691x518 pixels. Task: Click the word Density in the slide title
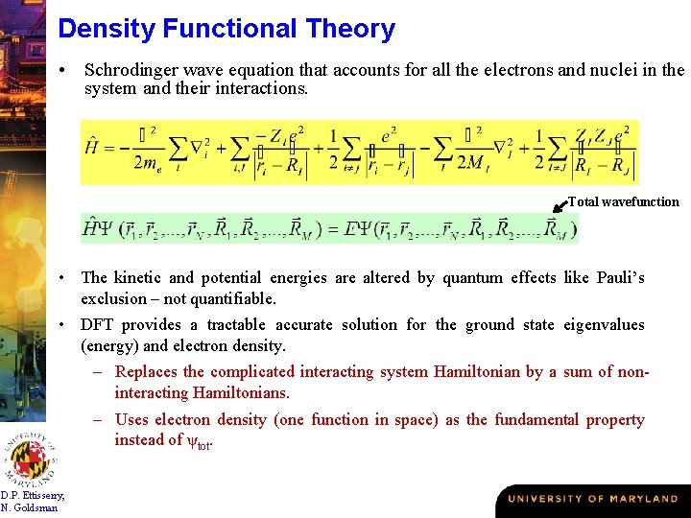click(107, 29)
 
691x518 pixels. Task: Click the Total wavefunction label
click(624, 202)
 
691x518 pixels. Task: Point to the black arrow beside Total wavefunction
click(560, 205)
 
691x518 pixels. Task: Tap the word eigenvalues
click(604, 325)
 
